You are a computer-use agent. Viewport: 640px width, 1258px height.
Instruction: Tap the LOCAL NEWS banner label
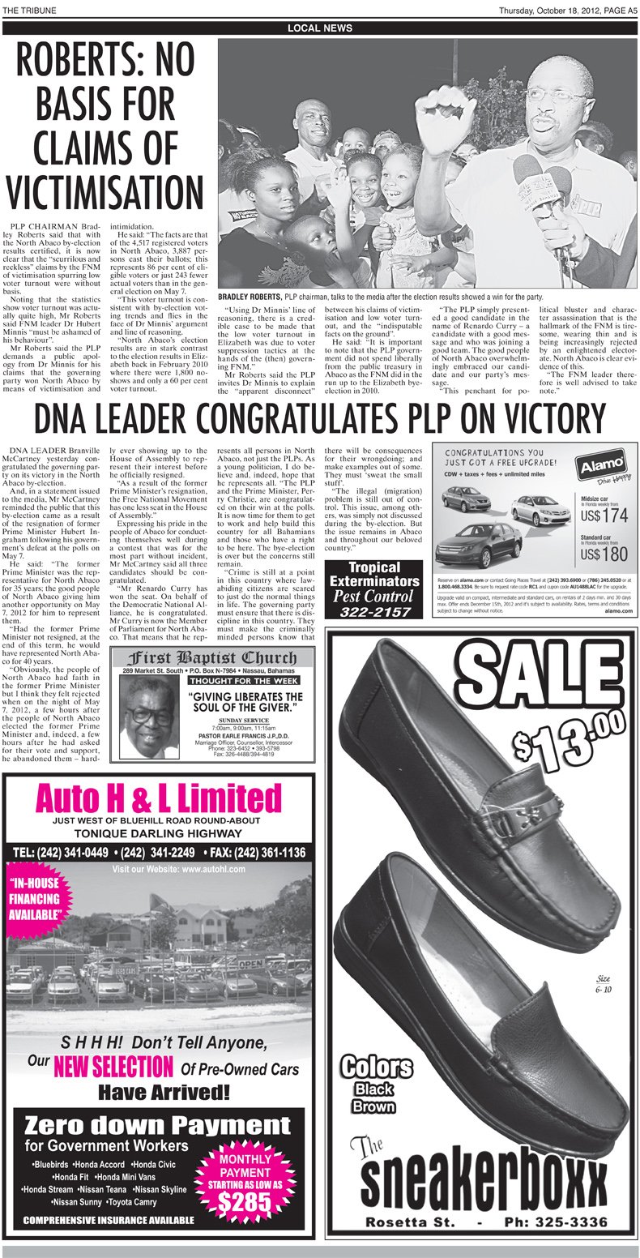[x=320, y=28]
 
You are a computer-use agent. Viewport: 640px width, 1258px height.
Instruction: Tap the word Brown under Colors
[x=373, y=1106]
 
